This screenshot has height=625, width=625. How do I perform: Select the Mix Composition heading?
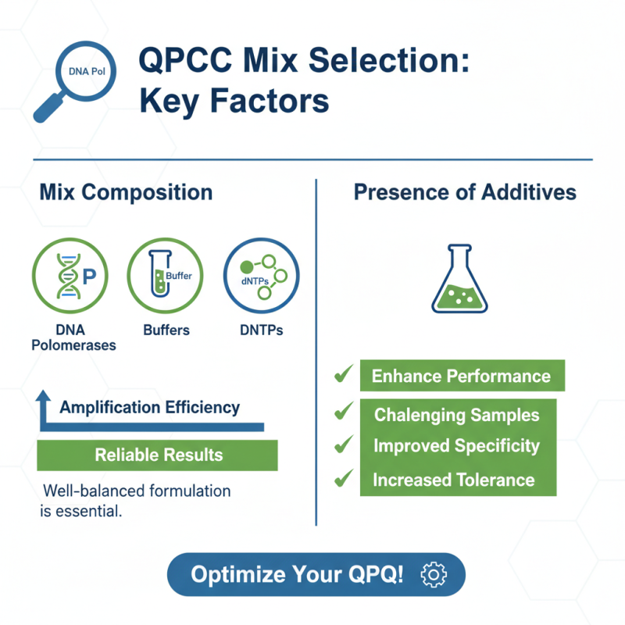click(125, 192)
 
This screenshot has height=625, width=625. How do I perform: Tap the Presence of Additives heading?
click(466, 192)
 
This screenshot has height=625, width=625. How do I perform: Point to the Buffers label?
click(166, 330)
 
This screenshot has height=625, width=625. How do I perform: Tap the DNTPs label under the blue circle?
click(261, 330)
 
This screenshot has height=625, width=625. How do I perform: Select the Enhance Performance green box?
click(461, 376)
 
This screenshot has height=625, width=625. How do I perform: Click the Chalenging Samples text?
click(456, 415)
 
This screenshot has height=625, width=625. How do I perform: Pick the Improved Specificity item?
click(456, 446)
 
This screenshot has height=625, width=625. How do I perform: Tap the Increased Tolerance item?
click(453, 479)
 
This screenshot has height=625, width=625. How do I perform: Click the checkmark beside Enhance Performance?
click(342, 375)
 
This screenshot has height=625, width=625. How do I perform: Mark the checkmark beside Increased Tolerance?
click(342, 478)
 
